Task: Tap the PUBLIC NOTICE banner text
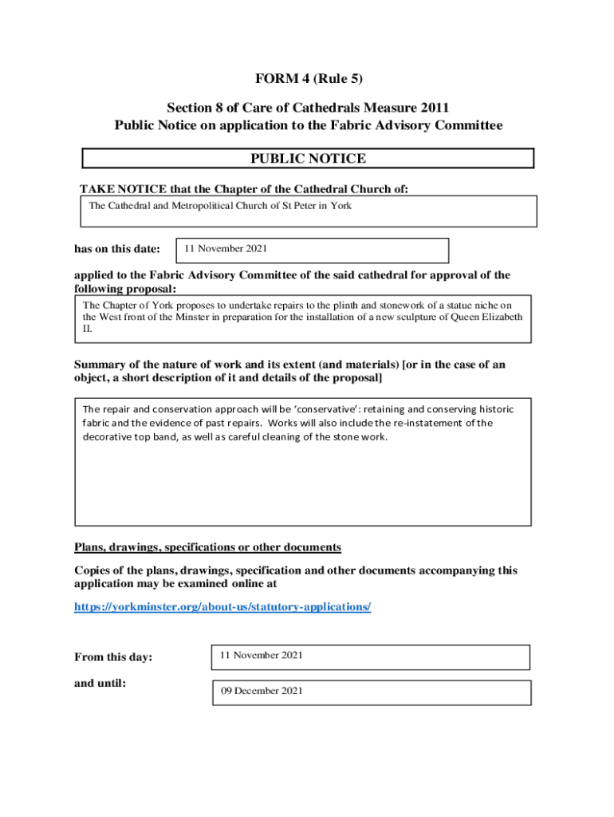[308, 159]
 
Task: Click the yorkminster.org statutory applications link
[222, 607]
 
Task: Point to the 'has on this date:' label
[117, 250]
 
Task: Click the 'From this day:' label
[113, 657]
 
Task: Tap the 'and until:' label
[100, 684]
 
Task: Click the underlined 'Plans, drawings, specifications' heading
[207, 547]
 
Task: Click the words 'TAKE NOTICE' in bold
[123, 189]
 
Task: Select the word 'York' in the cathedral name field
[340, 206]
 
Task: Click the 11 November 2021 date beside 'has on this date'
[226, 249]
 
